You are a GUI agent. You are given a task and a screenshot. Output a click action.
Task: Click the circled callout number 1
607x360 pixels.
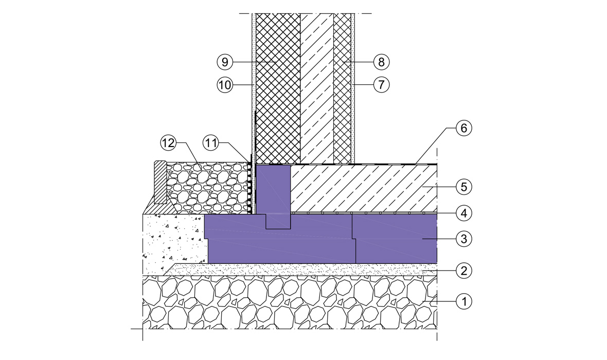click(x=464, y=301)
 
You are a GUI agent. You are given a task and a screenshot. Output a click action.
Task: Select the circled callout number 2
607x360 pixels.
click(x=464, y=270)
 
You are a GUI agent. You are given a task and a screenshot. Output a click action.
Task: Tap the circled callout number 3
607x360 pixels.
click(x=464, y=239)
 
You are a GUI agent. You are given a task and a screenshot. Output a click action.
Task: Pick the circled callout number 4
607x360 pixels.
click(x=464, y=213)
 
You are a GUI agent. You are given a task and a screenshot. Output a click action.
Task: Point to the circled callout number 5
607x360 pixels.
click(x=464, y=187)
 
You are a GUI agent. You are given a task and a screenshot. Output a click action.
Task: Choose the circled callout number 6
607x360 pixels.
click(x=464, y=128)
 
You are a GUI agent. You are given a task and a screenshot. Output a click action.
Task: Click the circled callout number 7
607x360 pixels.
click(x=381, y=84)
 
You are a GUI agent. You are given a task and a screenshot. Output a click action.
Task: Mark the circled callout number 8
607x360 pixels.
click(x=381, y=62)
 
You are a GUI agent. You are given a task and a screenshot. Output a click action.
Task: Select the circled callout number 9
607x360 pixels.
click(x=225, y=62)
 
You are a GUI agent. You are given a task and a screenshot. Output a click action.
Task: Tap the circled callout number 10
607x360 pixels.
click(x=225, y=84)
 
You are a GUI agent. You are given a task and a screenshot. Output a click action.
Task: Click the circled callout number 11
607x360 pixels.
click(x=211, y=143)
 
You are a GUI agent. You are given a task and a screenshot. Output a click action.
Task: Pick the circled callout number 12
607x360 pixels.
click(x=168, y=143)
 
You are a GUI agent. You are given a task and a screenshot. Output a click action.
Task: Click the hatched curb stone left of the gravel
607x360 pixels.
click(x=159, y=183)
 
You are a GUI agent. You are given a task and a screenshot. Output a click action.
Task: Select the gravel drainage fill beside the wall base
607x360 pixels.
click(x=207, y=188)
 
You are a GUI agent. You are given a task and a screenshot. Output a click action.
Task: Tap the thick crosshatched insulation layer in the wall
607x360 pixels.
click(x=278, y=88)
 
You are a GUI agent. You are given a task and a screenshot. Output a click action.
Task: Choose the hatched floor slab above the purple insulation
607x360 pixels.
click(x=364, y=189)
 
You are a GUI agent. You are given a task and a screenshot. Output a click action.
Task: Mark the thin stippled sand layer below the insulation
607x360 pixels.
click(x=302, y=269)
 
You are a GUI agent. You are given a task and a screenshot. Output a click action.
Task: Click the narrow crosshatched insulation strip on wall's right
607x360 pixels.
click(x=342, y=88)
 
